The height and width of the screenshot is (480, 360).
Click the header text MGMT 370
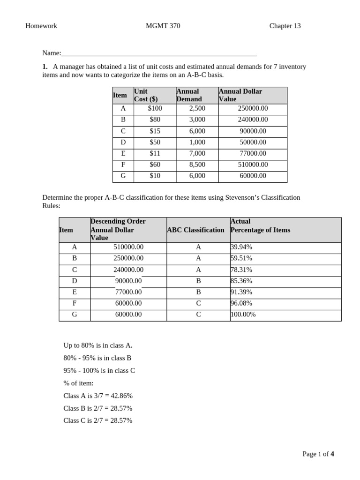(163, 26)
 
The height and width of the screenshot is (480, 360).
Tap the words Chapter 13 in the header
(285, 26)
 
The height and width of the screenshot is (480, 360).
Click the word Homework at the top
(41, 26)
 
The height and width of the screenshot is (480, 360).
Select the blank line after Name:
(159, 53)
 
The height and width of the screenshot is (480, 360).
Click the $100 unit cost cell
(155, 108)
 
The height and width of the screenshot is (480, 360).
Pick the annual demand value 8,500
(197, 165)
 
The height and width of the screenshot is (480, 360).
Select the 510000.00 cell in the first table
(253, 165)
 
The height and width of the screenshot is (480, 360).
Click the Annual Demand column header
(189, 95)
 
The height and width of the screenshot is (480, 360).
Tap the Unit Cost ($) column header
(146, 95)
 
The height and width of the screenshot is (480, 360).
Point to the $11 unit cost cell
(155, 153)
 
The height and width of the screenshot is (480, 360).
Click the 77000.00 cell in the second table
(128, 292)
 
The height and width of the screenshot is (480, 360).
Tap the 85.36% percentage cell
(241, 281)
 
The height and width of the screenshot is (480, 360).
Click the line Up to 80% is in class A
(98, 345)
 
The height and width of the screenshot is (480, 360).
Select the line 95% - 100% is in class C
(99, 371)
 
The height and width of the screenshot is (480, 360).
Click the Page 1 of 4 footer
(318, 454)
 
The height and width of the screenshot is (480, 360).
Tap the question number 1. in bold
(45, 67)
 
